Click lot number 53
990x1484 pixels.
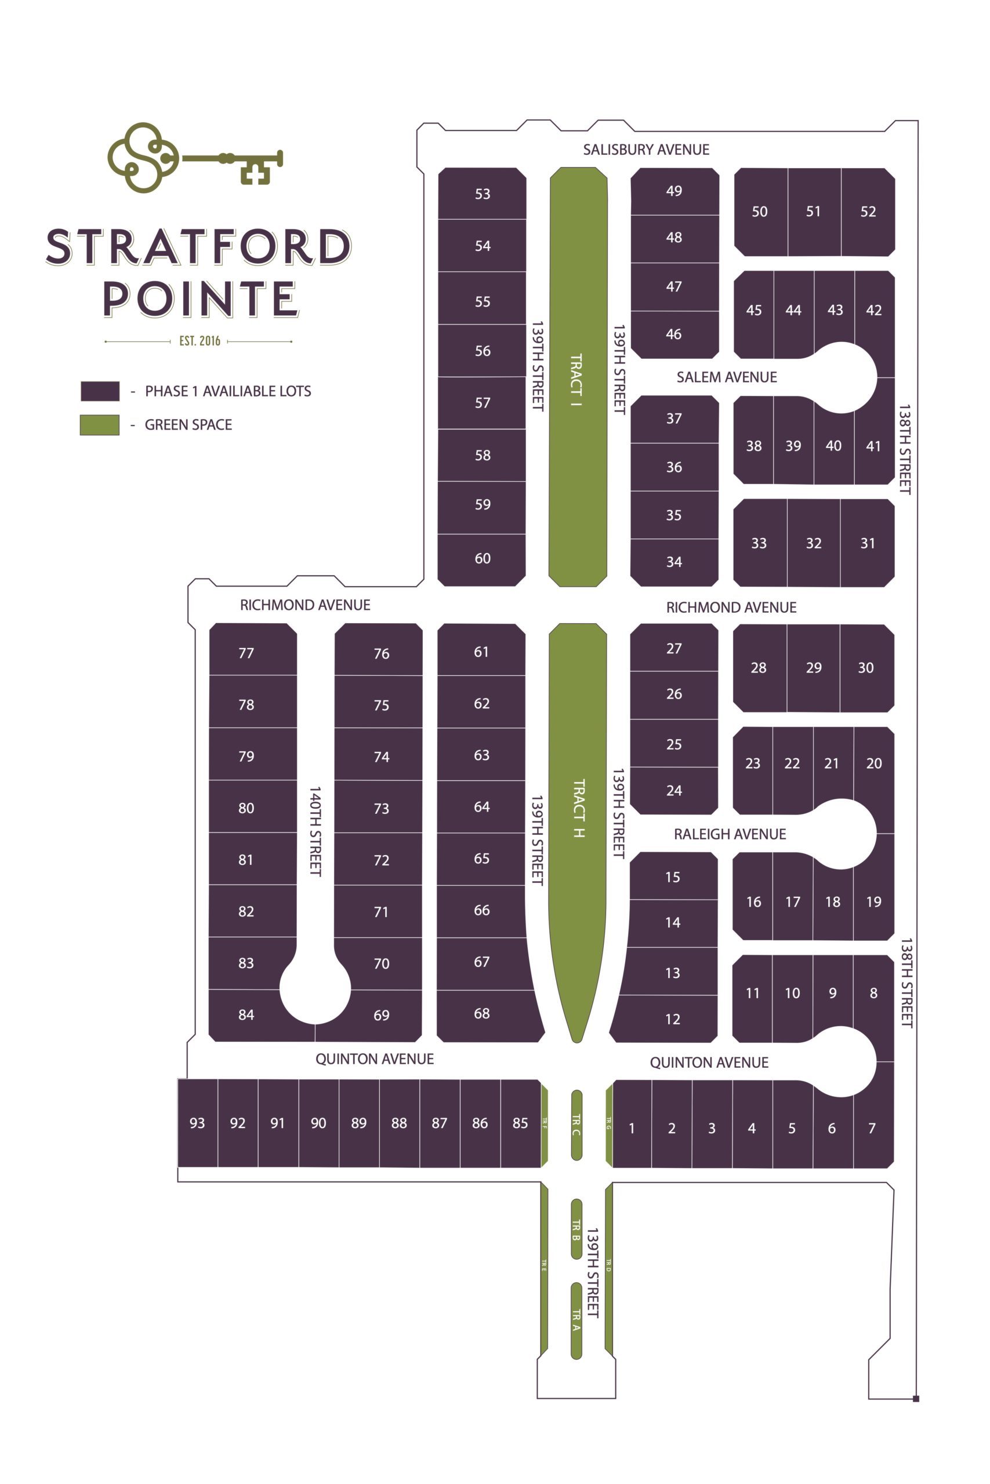pyautogui.click(x=483, y=194)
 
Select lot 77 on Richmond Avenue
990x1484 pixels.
pyautogui.click(x=246, y=653)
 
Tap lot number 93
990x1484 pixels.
pyautogui.click(x=197, y=1123)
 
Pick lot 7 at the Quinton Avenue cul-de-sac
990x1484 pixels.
pyautogui.click(x=872, y=1128)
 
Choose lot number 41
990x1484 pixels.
pyautogui.click(x=873, y=446)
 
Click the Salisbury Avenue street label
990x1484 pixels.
pyautogui.click(x=646, y=150)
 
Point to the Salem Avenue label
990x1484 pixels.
pyautogui.click(x=727, y=377)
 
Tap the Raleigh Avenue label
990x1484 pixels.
pyautogui.click(x=730, y=834)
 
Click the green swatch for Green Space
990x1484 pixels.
pyautogui.click(x=99, y=425)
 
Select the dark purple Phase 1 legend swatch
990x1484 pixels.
pyautogui.click(x=100, y=391)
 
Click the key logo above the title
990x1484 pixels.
pyautogui.click(x=194, y=158)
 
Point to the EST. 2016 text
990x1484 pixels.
pyautogui.click(x=200, y=341)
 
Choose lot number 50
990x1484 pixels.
pyautogui.click(x=760, y=212)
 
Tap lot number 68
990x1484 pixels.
pyautogui.click(x=482, y=1013)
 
